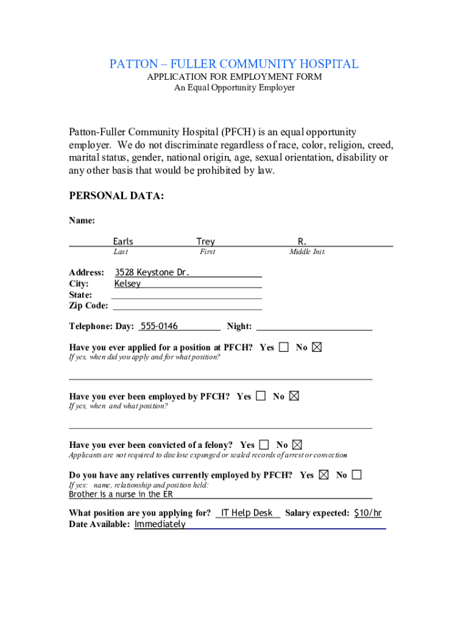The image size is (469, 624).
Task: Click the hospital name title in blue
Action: point(234,64)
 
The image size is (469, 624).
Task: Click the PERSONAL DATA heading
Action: point(116,196)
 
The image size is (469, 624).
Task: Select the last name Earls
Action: point(123,241)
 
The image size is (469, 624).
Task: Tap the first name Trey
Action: point(206,241)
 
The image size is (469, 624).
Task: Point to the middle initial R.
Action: point(302,241)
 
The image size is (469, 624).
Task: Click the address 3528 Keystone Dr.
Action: point(152,272)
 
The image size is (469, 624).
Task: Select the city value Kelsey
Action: point(128,284)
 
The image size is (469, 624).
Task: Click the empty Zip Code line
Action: point(187,305)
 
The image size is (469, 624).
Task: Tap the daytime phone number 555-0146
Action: point(160,327)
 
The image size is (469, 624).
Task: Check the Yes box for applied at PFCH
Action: point(284,347)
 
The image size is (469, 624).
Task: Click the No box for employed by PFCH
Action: point(294,396)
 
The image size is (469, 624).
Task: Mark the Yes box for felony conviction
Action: point(264,445)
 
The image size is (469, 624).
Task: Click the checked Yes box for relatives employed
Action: point(323,475)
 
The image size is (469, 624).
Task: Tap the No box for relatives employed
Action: point(356,475)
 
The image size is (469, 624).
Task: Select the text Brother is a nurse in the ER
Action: point(121,494)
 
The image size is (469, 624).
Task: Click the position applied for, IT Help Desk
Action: point(247,513)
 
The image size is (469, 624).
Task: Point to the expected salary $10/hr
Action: point(368,513)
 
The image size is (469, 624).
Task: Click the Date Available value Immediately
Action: point(160,525)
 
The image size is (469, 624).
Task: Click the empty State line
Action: point(187,295)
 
